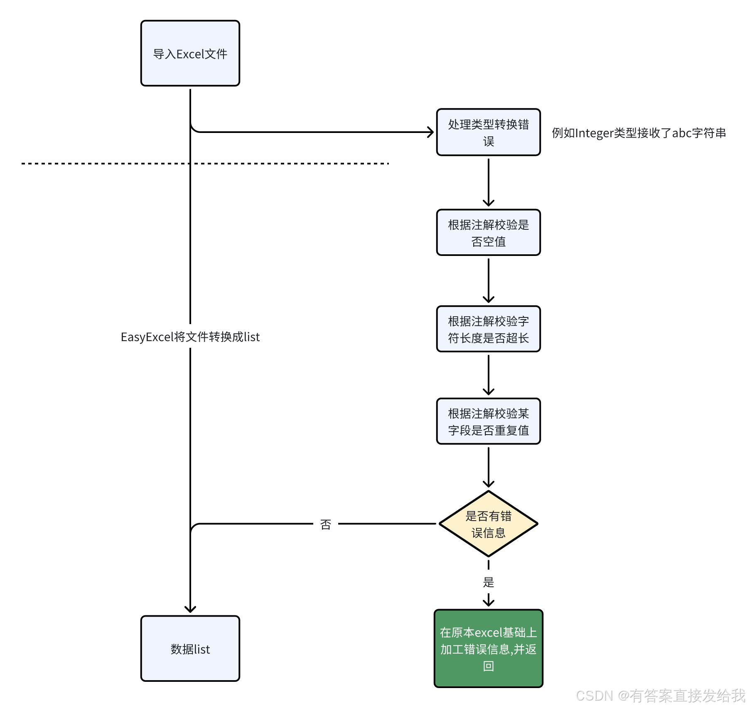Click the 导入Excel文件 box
(190, 53)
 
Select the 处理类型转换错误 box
(488, 132)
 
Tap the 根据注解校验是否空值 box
(488, 232)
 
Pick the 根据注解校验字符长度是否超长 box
(488, 329)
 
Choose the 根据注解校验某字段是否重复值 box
(488, 421)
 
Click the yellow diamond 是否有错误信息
(488, 524)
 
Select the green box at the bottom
(488, 648)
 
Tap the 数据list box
(190, 648)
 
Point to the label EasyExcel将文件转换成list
(190, 337)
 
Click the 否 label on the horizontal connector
(326, 524)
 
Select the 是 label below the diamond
(489, 582)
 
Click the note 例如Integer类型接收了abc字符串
(639, 133)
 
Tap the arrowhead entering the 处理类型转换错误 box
(431, 132)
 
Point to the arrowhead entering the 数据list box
(190, 609)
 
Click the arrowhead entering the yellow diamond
(489, 484)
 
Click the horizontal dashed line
(205, 163)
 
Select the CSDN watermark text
(661, 695)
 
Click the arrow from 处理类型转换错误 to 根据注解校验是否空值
(489, 182)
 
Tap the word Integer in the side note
(595, 133)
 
